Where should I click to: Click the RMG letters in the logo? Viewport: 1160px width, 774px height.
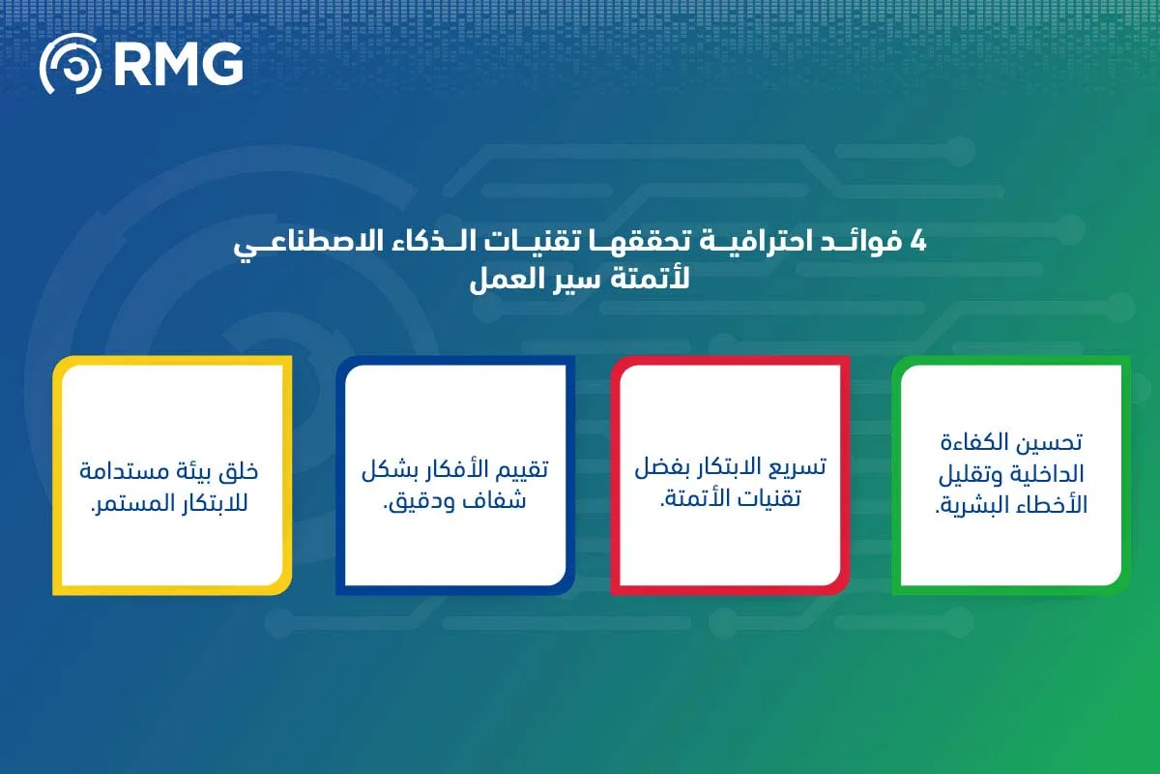pyautogui.click(x=178, y=64)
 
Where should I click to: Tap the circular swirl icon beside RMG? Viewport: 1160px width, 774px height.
pyautogui.click(x=70, y=64)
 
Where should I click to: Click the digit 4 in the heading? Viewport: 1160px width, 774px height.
pyautogui.click(x=918, y=243)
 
